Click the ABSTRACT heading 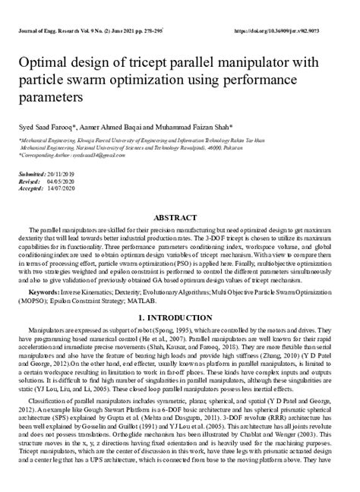point(180,216)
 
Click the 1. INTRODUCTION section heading point(180,317)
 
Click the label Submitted point(33,175)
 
